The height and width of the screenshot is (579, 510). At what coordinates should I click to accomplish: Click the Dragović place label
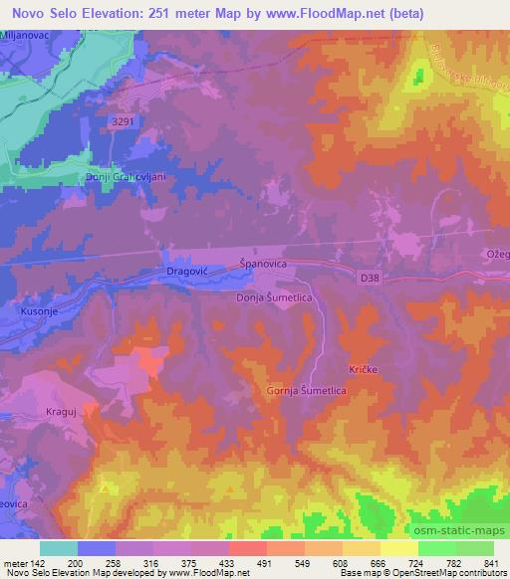pos(185,271)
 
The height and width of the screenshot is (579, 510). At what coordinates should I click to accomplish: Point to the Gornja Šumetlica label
pos(306,391)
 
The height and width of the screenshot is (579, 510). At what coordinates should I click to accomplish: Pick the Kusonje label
pos(38,311)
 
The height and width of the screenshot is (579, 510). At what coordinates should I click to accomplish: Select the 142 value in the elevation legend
pos(41,562)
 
